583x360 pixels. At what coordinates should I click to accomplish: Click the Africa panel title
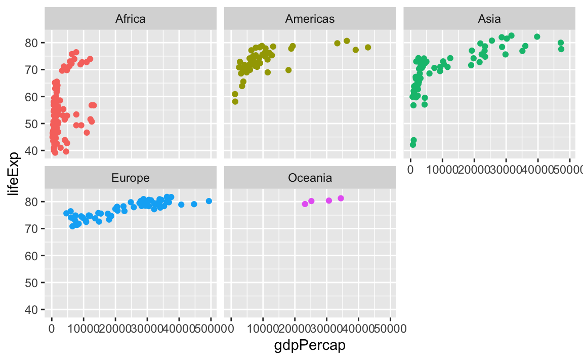[131, 19]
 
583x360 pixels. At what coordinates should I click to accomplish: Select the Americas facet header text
[310, 19]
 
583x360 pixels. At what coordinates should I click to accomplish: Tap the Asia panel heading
[489, 19]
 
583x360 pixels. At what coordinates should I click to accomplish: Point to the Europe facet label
[131, 178]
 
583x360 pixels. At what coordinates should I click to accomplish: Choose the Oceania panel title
[310, 178]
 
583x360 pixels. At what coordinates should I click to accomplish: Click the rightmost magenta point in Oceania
[341, 198]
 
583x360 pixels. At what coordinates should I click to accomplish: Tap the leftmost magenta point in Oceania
[305, 204]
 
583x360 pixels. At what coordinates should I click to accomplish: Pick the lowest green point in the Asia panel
[413, 145]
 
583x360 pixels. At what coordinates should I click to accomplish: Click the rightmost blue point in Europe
[209, 201]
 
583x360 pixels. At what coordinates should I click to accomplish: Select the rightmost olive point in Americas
[368, 48]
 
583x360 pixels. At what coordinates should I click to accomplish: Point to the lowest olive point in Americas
[235, 101]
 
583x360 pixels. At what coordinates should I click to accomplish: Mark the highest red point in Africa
[76, 52]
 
